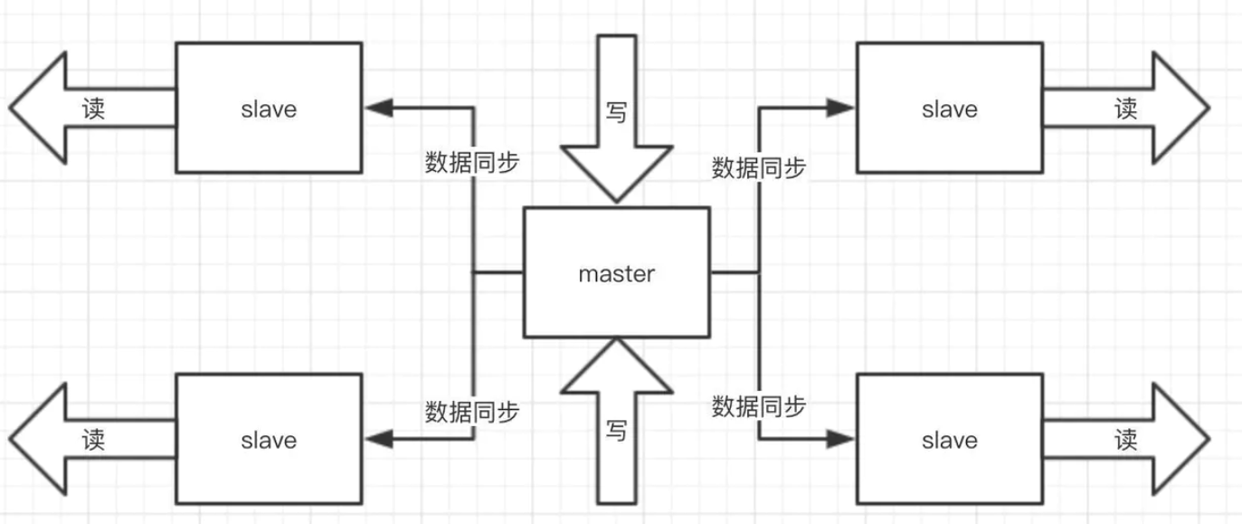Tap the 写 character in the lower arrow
click(616, 431)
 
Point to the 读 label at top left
click(93, 110)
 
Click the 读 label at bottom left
click(93, 441)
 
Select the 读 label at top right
click(1126, 110)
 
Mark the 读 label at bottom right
click(1126, 441)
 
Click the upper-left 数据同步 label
click(472, 162)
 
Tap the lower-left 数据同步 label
click(472, 412)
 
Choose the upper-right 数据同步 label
click(759, 167)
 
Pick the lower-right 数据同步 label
click(759, 406)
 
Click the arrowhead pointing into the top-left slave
click(378, 108)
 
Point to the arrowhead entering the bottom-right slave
click(841, 440)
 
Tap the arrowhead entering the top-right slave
click(841, 108)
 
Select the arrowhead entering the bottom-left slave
click(378, 440)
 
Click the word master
click(616, 273)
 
